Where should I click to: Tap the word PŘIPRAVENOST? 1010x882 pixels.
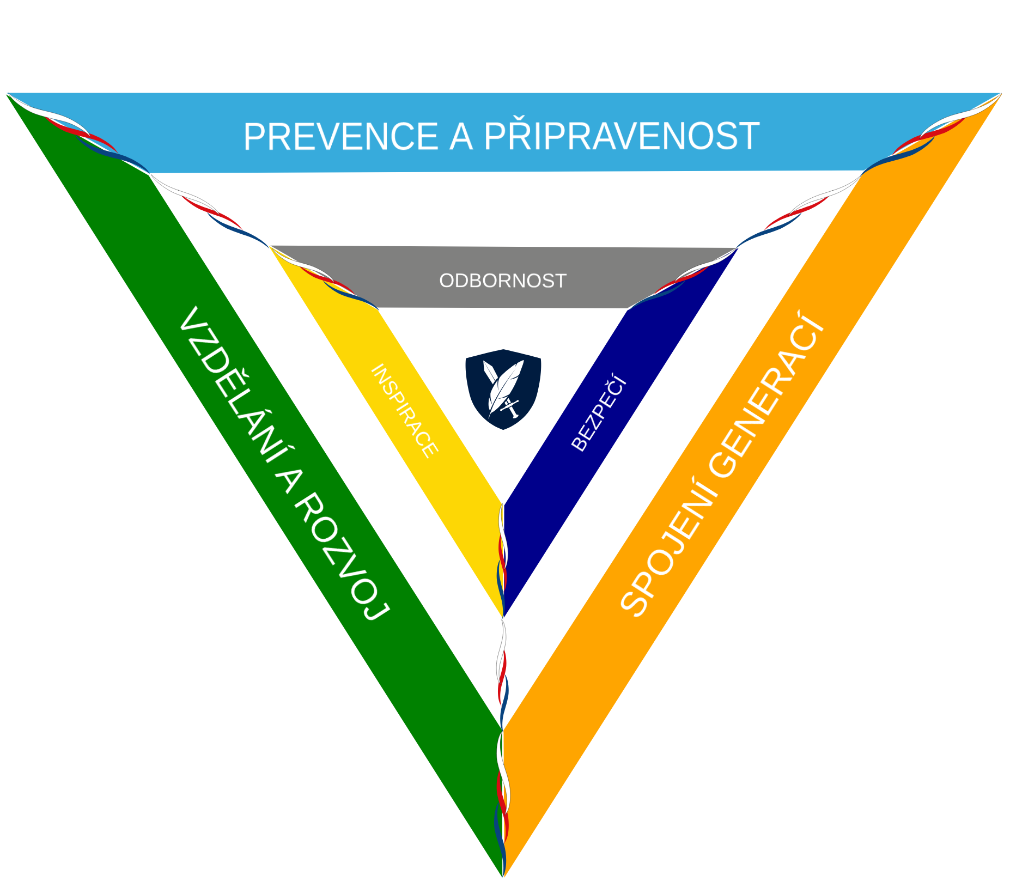621,136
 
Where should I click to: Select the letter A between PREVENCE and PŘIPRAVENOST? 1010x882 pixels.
461,137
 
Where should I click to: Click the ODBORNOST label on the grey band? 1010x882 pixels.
503,281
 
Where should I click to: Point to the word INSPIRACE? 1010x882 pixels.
404,411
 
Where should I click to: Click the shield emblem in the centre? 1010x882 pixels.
503,389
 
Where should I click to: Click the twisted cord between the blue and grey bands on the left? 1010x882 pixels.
210,210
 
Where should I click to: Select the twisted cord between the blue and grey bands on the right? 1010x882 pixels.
798,210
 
